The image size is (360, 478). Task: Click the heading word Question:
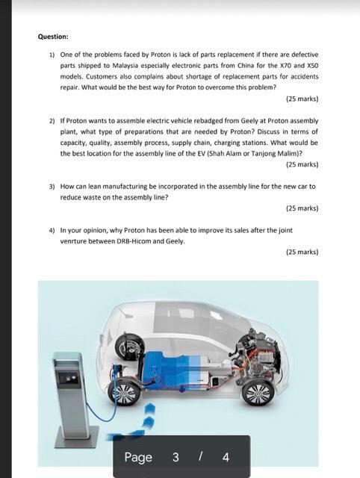coord(53,37)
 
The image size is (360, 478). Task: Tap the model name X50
coord(312,66)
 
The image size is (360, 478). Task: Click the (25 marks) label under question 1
coord(302,99)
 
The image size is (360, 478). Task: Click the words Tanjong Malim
coord(270,153)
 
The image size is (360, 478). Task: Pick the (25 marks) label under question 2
coord(302,164)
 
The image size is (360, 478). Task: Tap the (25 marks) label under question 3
coord(302,208)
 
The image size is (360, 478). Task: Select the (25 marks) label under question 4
coord(302,252)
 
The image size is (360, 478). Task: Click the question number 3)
coord(52,187)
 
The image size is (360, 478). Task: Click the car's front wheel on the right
coord(258,393)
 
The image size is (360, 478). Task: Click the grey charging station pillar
coord(72,397)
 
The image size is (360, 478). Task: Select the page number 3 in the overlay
coord(176,457)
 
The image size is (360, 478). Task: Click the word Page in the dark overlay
coord(138,457)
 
